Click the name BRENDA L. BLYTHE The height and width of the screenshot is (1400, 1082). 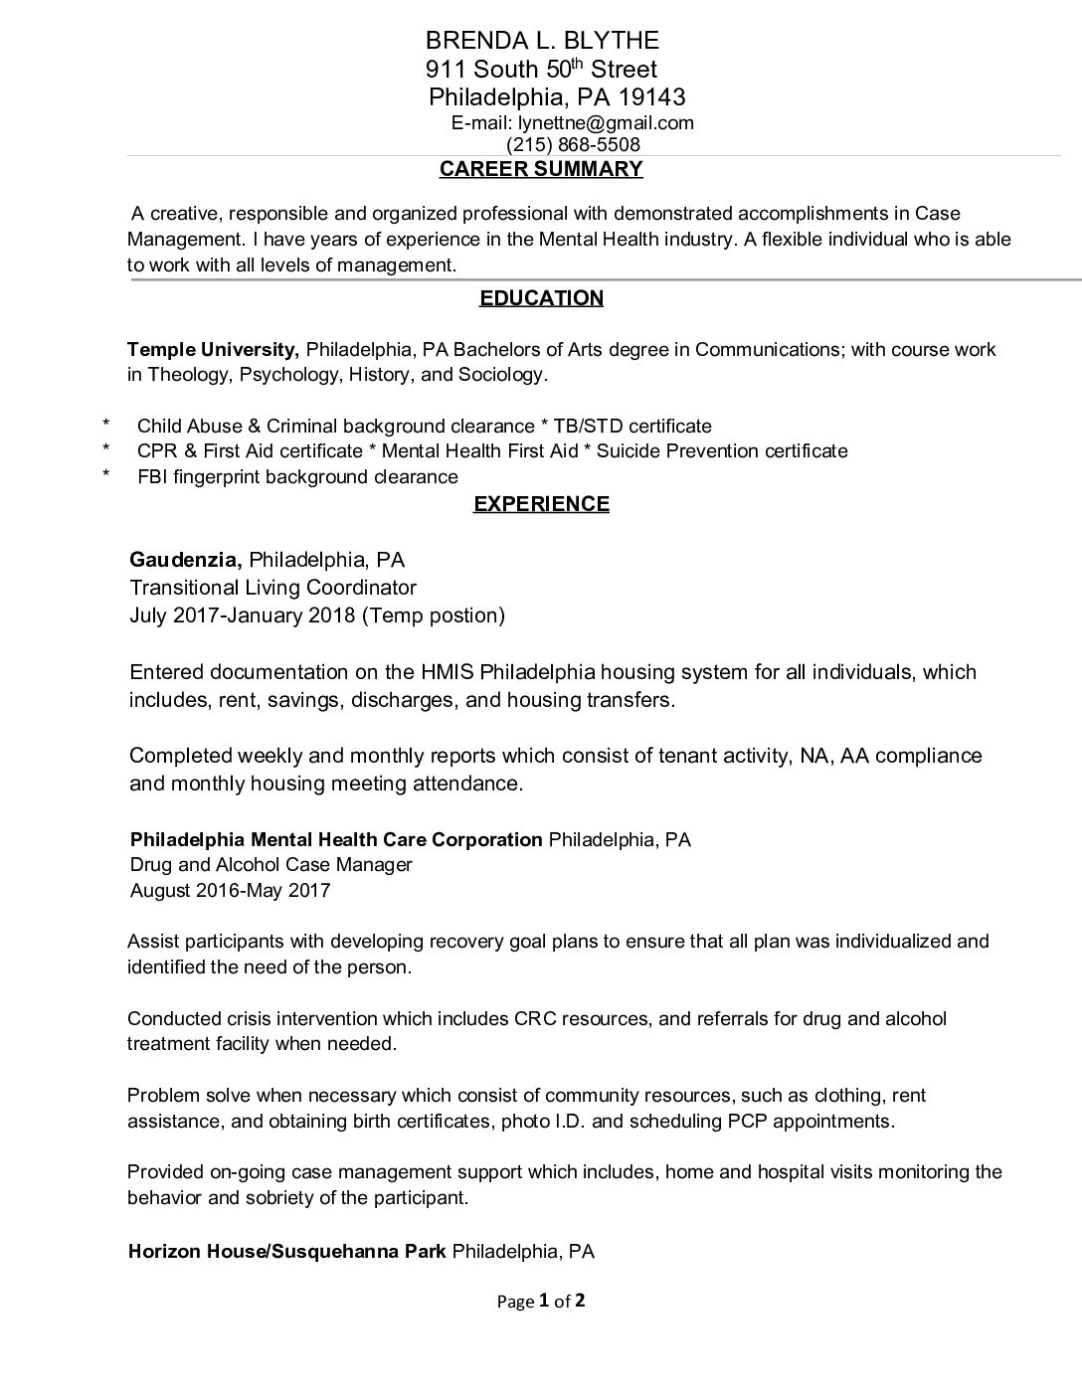point(541,41)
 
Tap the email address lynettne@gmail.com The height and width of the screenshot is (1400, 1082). point(606,123)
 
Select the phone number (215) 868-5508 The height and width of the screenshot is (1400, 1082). point(573,145)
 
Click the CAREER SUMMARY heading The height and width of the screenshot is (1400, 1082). point(541,169)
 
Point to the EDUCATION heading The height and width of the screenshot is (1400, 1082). point(541,298)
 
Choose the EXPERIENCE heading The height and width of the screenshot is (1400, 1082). point(541,504)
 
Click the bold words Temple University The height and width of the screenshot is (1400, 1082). point(213,350)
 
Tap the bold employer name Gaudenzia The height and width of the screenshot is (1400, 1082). point(186,560)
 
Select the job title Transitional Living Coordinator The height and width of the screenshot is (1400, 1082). point(272,588)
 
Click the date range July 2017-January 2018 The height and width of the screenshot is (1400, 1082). point(242,615)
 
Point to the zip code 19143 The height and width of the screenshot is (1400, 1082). point(651,97)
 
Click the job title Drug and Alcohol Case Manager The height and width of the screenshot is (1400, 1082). point(270,865)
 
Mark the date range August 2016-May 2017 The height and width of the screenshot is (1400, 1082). point(230,891)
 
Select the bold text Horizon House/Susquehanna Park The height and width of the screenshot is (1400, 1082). point(286,1252)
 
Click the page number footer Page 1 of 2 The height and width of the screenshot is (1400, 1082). point(541,1301)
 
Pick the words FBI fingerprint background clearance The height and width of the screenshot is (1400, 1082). point(297,477)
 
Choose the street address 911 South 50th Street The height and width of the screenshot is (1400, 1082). point(541,70)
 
